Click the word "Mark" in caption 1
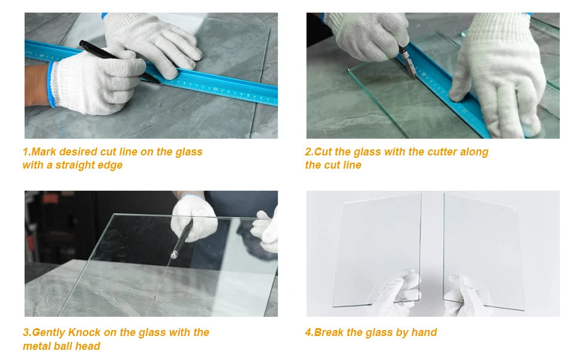[43, 152]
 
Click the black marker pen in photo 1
[119, 61]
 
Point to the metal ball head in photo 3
[174, 254]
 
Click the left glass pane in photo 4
[377, 250]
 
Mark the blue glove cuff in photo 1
[51, 85]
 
